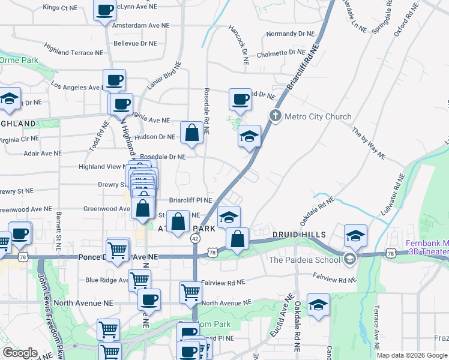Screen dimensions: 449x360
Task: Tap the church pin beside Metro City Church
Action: tap(276, 116)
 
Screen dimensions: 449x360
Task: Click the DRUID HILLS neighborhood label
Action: tap(298, 235)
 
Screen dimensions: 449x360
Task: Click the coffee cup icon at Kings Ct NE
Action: tap(105, 11)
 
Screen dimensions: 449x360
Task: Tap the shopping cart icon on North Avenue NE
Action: tap(190, 293)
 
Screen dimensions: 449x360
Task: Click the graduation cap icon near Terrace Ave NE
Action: tap(318, 304)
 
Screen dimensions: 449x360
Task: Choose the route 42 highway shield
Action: tap(195, 238)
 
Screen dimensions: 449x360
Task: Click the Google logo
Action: tap(20, 353)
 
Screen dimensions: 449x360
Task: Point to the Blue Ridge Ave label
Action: tap(106, 280)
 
